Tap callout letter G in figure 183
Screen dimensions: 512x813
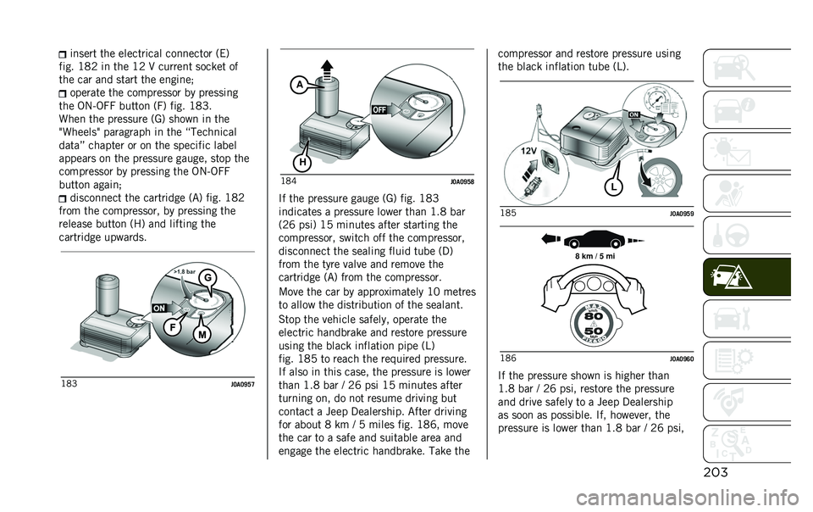(x=205, y=277)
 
